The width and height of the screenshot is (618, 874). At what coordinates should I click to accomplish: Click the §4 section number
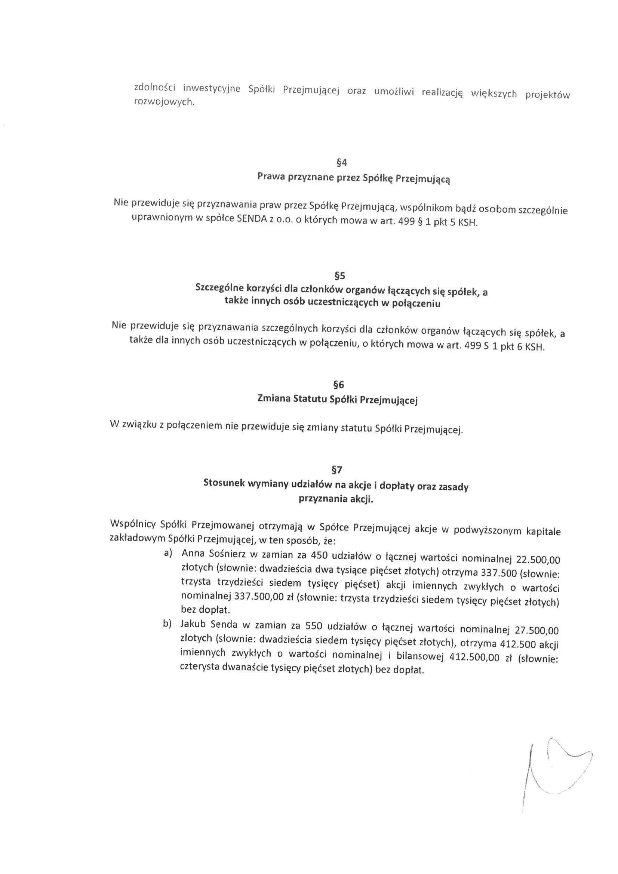pos(342,163)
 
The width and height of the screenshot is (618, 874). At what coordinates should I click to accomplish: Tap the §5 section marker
pos(339,276)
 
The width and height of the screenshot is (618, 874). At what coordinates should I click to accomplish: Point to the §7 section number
pos(337,470)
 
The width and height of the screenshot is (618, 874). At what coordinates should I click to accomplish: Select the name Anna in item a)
pos(193,553)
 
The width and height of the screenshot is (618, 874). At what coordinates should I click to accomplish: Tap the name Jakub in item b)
pos(193,624)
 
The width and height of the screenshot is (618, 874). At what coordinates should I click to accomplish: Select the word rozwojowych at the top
pos(164,102)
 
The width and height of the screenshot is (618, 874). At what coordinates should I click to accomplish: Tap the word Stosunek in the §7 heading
pos(224,483)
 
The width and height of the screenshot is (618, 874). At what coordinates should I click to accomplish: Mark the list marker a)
pos(168,553)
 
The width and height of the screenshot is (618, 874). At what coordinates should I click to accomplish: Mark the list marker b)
pos(167,624)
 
